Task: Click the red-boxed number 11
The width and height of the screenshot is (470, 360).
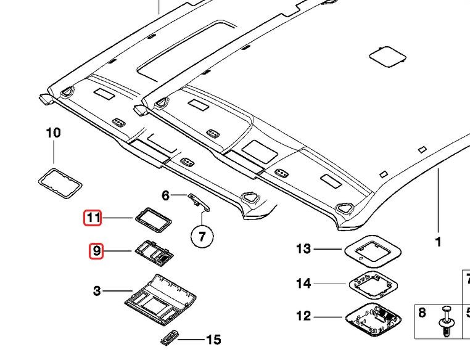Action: pos(93,218)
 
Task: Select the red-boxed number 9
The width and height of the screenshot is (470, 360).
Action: pos(96,251)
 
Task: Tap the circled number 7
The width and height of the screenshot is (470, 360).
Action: pos(202,236)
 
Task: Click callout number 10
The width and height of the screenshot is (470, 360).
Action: pos(54,133)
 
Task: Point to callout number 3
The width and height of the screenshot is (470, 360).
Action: pos(97,291)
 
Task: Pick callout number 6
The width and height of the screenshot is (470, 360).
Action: pos(165,195)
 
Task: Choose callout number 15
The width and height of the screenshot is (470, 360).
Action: pos(213,340)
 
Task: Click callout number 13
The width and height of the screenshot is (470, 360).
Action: pos(303,248)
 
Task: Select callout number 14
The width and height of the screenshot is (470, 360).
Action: pos(303,284)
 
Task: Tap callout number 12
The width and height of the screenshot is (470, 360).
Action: pos(303,316)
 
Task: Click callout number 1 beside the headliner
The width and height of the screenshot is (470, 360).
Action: pos(438,242)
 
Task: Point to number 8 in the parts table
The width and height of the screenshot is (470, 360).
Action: pos(422,313)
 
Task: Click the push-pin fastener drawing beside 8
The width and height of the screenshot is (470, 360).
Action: pos(447,322)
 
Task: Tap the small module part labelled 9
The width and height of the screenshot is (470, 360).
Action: pos(154,252)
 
